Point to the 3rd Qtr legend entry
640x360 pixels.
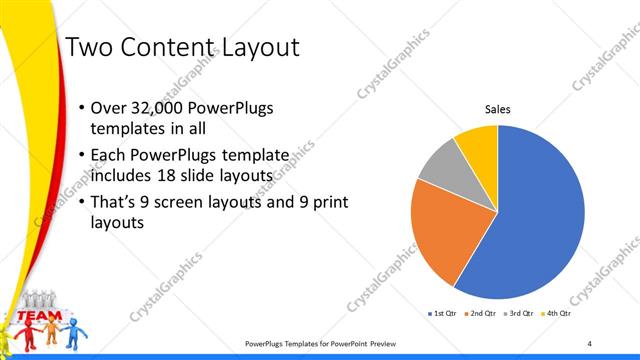518,313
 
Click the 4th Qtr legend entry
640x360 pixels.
557,313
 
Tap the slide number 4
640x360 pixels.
589,344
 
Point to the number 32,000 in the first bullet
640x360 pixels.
161,108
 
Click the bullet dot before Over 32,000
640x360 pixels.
80,108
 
